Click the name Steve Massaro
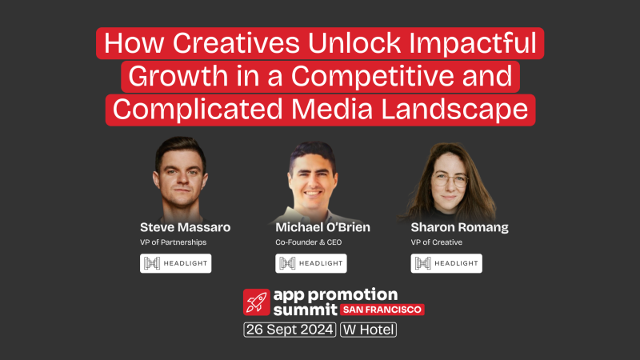185,227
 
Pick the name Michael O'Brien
323,227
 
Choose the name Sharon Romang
459,227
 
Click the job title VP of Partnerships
174,242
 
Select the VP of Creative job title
437,242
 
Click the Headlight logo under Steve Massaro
176,263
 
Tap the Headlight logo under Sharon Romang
446,263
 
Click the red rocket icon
256,302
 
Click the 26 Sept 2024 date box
289,329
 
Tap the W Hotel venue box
368,329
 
